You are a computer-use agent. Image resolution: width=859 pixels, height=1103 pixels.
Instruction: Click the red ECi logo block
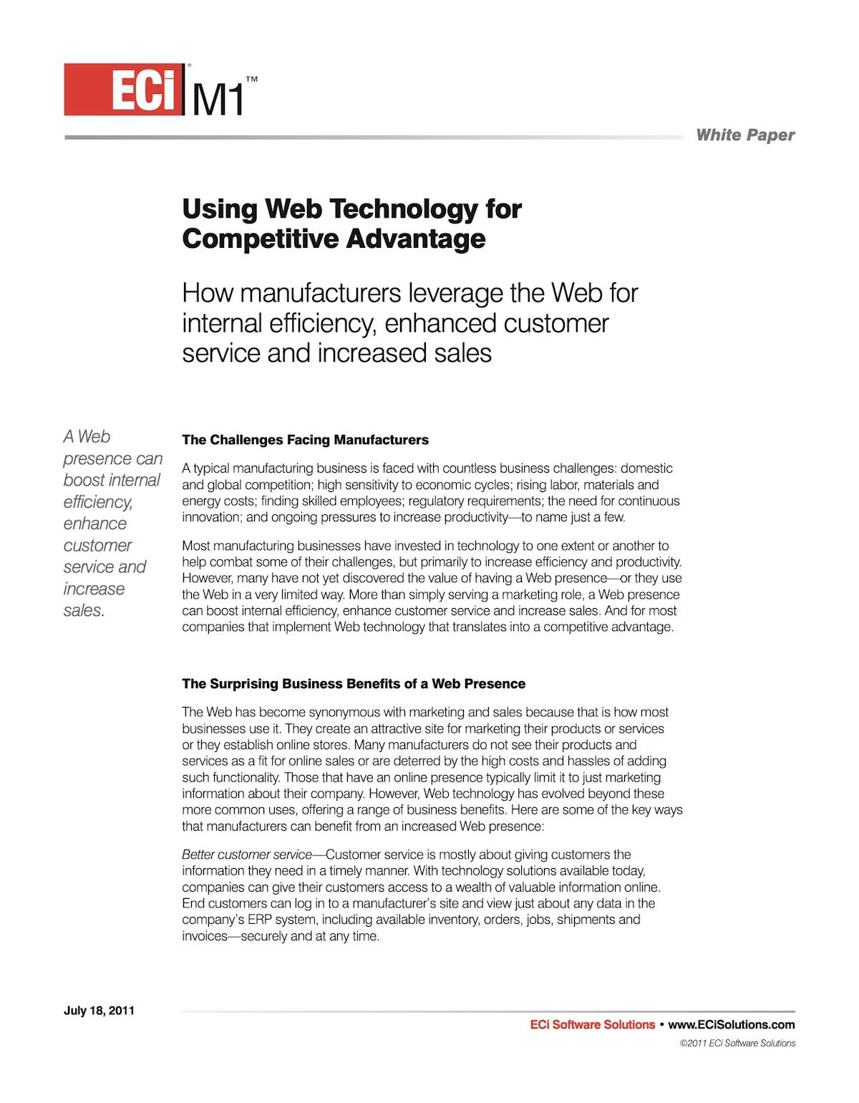coord(122,90)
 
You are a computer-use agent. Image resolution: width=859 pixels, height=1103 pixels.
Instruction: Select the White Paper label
coord(744,135)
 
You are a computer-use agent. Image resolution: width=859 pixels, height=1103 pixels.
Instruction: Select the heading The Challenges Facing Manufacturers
coord(305,440)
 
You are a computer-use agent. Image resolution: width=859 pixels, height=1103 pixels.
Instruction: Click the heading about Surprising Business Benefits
coord(354,684)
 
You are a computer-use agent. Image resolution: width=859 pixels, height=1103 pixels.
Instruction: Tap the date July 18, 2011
coord(99,1011)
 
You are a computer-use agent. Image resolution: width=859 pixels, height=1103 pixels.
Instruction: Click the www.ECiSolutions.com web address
coord(731,1025)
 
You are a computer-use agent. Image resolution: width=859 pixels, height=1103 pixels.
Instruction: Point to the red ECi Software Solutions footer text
coord(592,1025)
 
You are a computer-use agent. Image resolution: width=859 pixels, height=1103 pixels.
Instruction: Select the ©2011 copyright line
coord(737,1044)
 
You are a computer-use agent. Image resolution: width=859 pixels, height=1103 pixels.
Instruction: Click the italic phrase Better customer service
coord(247,854)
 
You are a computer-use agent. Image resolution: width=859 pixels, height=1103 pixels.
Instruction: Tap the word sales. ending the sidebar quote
coord(84,611)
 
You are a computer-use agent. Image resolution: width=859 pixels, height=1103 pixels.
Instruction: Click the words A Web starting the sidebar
coord(87,436)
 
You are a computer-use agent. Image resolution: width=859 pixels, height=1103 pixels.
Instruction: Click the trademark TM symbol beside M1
coord(251,78)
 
